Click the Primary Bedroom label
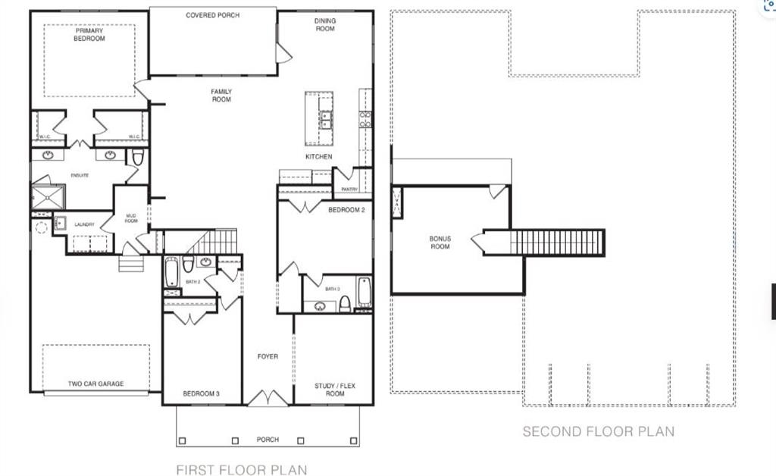(x=89, y=35)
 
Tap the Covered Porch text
(x=213, y=15)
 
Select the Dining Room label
(x=325, y=25)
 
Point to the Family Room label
(x=221, y=96)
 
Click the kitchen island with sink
(x=320, y=118)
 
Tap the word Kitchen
(x=319, y=157)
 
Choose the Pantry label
(x=349, y=189)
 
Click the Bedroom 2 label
(x=346, y=210)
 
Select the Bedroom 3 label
(x=202, y=394)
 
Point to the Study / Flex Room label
(x=335, y=390)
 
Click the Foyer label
(x=268, y=356)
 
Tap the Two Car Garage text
(x=96, y=384)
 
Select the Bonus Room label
(x=440, y=243)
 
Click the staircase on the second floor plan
(x=557, y=243)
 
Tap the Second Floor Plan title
(x=598, y=432)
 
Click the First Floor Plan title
(x=242, y=470)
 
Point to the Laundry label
(x=84, y=225)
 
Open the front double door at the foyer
(x=268, y=398)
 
